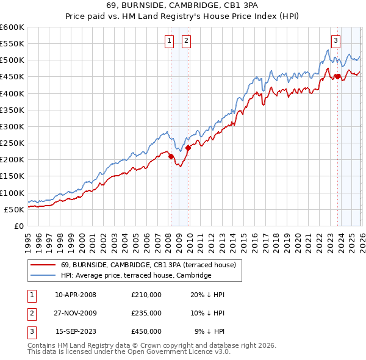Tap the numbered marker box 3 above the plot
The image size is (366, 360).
(x=335, y=41)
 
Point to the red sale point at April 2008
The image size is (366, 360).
(x=171, y=156)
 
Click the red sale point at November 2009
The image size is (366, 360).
(x=188, y=148)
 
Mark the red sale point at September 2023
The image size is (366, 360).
(x=337, y=76)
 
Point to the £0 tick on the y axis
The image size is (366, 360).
(x=20, y=226)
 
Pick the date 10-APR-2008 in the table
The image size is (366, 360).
(x=76, y=295)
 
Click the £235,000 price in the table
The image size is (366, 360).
(x=146, y=313)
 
